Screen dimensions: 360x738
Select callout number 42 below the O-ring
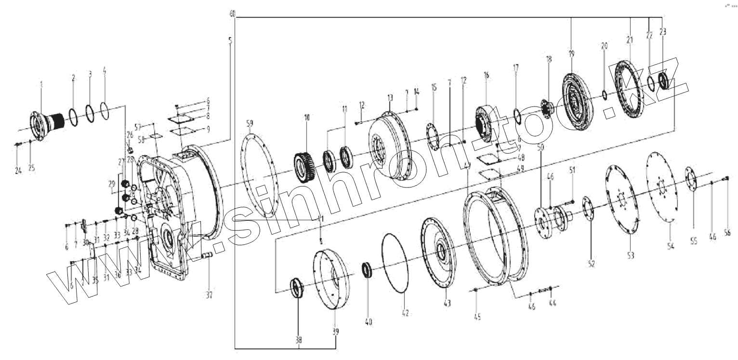coord(405,313)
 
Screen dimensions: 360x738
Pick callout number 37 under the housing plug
coord(210,294)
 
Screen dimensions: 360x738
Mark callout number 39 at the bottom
coord(336,331)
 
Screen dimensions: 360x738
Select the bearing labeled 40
coord(368,269)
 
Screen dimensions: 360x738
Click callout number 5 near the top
coord(230,40)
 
